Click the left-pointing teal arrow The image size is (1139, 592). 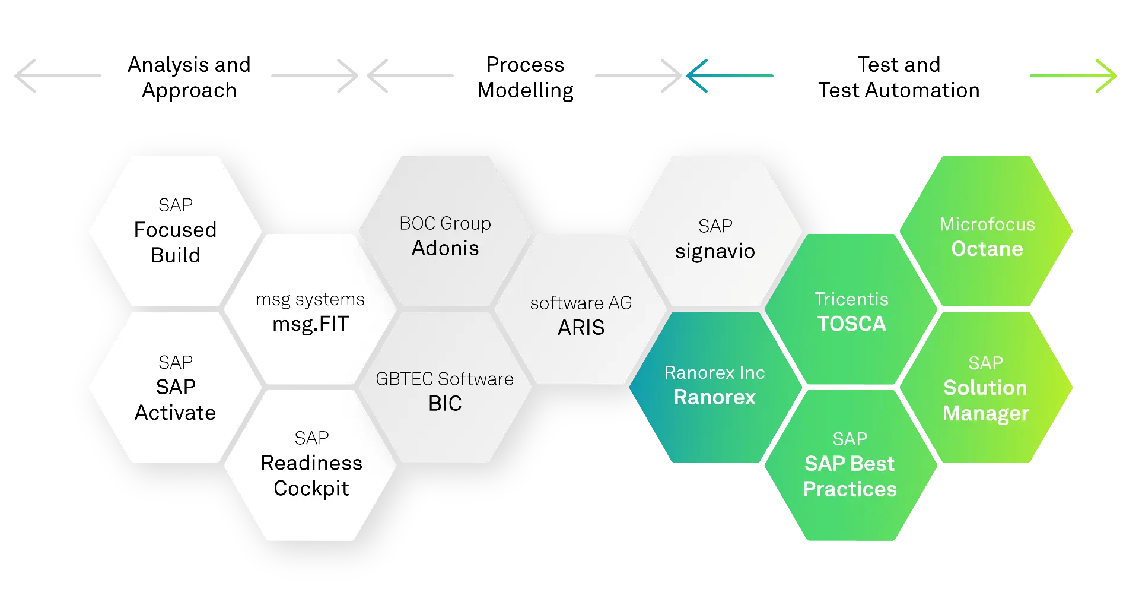[x=728, y=76]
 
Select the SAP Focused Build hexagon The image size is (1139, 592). [x=175, y=231]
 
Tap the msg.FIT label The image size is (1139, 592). [x=310, y=324]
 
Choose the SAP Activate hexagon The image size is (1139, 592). [x=175, y=387]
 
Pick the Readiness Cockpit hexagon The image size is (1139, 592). [x=311, y=464]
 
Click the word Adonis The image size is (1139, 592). [x=445, y=248]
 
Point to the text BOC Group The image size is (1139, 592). [x=445, y=223]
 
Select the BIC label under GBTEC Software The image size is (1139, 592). [x=445, y=404]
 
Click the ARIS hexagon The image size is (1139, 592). [x=581, y=315]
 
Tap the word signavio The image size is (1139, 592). [x=715, y=251]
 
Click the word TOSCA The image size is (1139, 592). [x=851, y=324]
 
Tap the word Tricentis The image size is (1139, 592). [x=851, y=299]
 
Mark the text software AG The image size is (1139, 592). [x=581, y=303]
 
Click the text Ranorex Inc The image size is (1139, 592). [x=714, y=373]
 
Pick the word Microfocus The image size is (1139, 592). [x=987, y=224]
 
